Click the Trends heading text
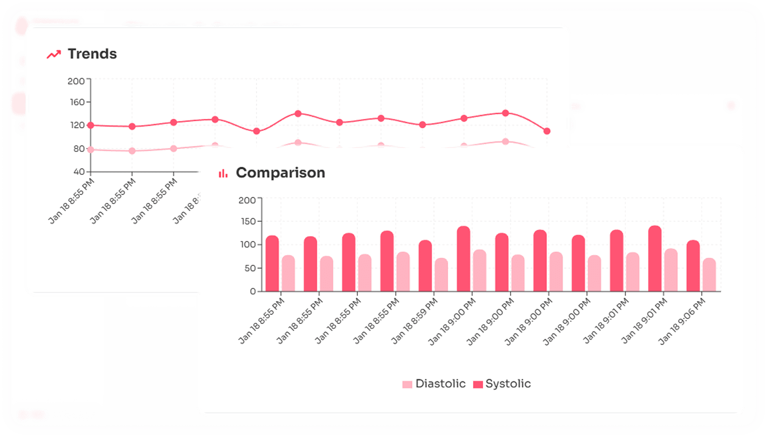point(92,54)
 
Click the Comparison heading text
point(280,173)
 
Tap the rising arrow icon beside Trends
point(54,55)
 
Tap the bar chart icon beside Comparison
point(223,173)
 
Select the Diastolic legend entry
point(434,384)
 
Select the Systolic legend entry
point(502,384)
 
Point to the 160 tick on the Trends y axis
point(77,102)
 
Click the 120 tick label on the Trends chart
point(77,125)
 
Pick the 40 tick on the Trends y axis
point(79,172)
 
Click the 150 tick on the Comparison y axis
point(248,222)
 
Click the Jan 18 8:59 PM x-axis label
point(415,321)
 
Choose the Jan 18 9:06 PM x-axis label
point(682,321)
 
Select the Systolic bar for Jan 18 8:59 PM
point(425,266)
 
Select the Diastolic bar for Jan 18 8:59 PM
point(441,275)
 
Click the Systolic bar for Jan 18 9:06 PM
point(693,266)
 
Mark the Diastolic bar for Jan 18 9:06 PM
point(709,275)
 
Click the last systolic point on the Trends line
point(547,131)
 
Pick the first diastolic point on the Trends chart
point(91,149)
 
